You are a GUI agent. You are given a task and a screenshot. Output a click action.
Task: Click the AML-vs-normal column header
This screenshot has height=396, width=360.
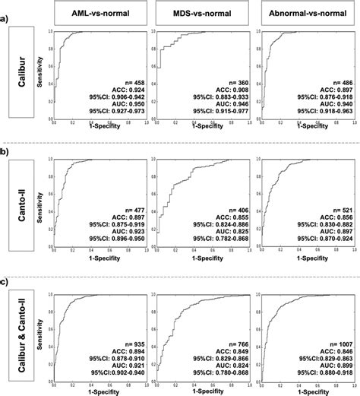(x=95, y=14)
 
